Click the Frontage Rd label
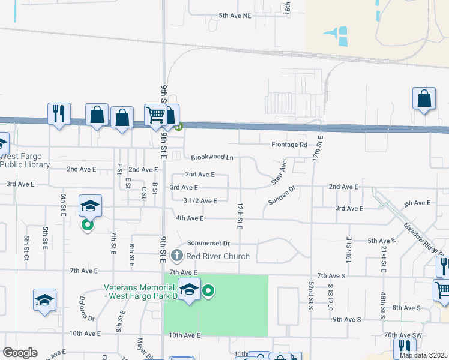289,145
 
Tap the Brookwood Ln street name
212,158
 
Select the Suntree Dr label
282,195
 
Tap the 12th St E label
240,215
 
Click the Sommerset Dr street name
208,243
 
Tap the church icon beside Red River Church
176,256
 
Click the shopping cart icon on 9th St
155,114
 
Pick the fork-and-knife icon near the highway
59,113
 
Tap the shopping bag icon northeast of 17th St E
424,98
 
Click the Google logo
20,353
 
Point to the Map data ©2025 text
424,355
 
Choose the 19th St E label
348,247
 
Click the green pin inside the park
208,292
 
